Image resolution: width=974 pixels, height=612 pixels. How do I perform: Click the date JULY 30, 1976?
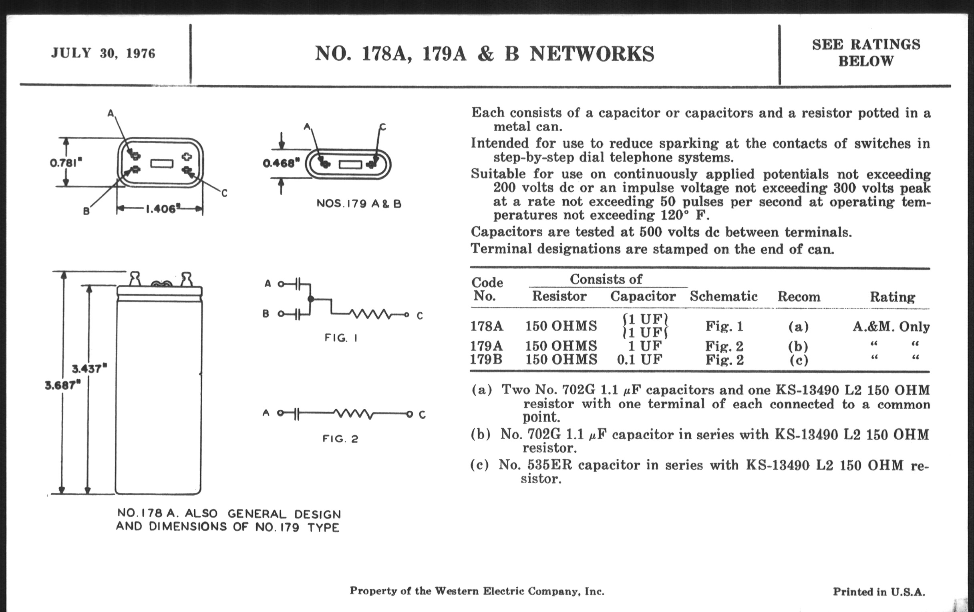click(103, 53)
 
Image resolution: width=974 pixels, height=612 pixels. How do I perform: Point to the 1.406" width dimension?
click(161, 209)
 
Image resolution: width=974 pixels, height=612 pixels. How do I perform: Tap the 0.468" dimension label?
click(281, 163)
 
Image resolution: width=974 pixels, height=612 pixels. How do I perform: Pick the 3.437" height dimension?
click(89, 368)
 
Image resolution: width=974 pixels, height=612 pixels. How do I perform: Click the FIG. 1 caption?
click(340, 338)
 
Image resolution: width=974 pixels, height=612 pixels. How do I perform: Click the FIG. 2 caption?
click(340, 439)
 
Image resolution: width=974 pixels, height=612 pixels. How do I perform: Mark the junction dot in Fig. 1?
click(311, 299)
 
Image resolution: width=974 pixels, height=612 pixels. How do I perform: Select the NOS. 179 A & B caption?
click(359, 204)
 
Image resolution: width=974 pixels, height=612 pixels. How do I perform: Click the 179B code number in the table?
click(486, 359)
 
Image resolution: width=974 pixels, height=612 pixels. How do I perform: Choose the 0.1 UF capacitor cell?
click(640, 359)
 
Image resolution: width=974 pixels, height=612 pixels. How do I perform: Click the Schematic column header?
click(724, 296)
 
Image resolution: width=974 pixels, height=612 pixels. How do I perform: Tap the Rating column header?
click(892, 297)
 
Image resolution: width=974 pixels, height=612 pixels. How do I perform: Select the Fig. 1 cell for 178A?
click(724, 326)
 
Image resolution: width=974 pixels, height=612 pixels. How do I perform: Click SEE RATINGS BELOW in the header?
click(866, 52)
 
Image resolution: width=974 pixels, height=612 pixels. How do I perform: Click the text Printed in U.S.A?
click(879, 592)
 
